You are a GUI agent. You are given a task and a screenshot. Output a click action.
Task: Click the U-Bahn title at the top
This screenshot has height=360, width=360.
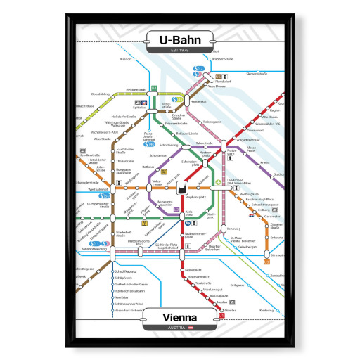[179, 39]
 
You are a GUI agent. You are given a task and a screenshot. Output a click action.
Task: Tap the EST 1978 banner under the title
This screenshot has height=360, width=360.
[179, 51]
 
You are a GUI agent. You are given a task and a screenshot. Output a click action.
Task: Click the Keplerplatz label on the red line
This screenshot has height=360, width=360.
[193, 270]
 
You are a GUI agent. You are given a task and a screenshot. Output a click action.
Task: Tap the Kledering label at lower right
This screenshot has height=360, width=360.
[266, 309]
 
